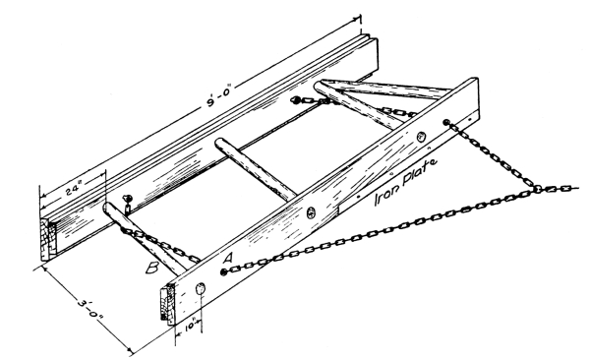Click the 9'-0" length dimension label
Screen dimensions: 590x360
coord(218,96)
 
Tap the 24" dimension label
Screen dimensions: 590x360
coord(74,188)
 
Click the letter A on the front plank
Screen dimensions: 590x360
coord(228,259)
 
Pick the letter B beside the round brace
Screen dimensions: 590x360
coord(152,268)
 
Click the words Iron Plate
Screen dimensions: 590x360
coord(405,182)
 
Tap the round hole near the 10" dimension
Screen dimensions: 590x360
coord(201,289)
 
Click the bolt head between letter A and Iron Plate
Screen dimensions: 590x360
coord(311,212)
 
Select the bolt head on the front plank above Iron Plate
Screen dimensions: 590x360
coord(421,137)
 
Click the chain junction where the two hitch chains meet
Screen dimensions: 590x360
coord(538,188)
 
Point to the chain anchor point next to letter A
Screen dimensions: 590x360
coord(223,271)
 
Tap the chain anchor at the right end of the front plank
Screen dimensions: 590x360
coord(446,122)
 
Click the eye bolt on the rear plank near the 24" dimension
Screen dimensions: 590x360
coord(128,203)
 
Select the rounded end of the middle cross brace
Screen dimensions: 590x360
coord(218,144)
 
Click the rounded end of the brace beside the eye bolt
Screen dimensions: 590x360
coord(108,208)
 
